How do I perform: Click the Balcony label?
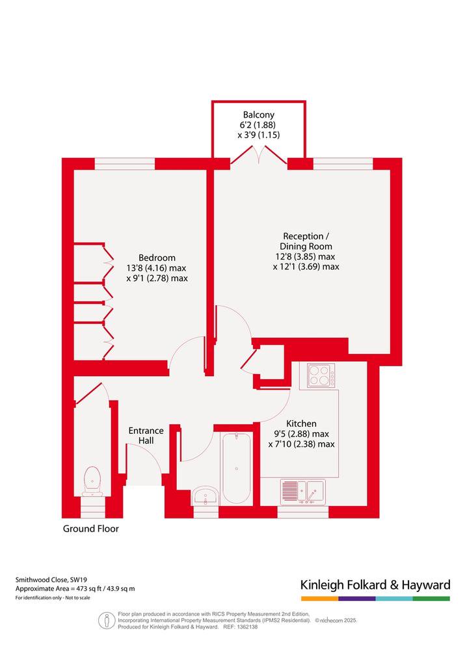[x=258, y=115]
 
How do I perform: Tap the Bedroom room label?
[x=157, y=258]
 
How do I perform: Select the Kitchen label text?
[x=301, y=424]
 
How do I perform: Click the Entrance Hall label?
[x=146, y=435]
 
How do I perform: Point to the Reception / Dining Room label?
[x=306, y=241]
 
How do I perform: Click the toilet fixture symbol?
[x=92, y=481]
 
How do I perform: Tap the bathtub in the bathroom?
[x=237, y=468]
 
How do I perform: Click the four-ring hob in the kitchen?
[x=321, y=375]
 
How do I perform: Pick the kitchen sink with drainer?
[x=303, y=492]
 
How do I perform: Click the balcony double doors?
[x=259, y=155]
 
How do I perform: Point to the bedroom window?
[x=124, y=164]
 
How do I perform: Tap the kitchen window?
[x=303, y=512]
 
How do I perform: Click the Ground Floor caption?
[x=91, y=529]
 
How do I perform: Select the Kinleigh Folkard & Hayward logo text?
[x=375, y=585]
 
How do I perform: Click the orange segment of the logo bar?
[x=320, y=598]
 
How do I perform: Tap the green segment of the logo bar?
[x=432, y=598]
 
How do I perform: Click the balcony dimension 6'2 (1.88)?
[x=258, y=125]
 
